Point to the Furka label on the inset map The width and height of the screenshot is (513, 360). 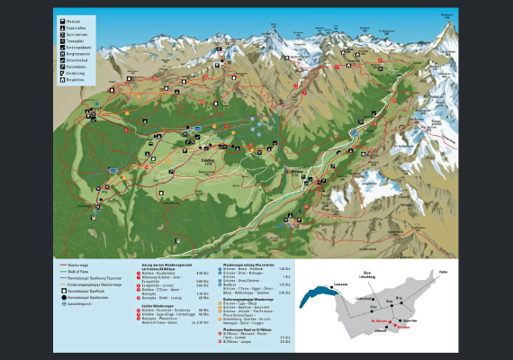(443, 271)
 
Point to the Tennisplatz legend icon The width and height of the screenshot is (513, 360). (60, 40)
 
